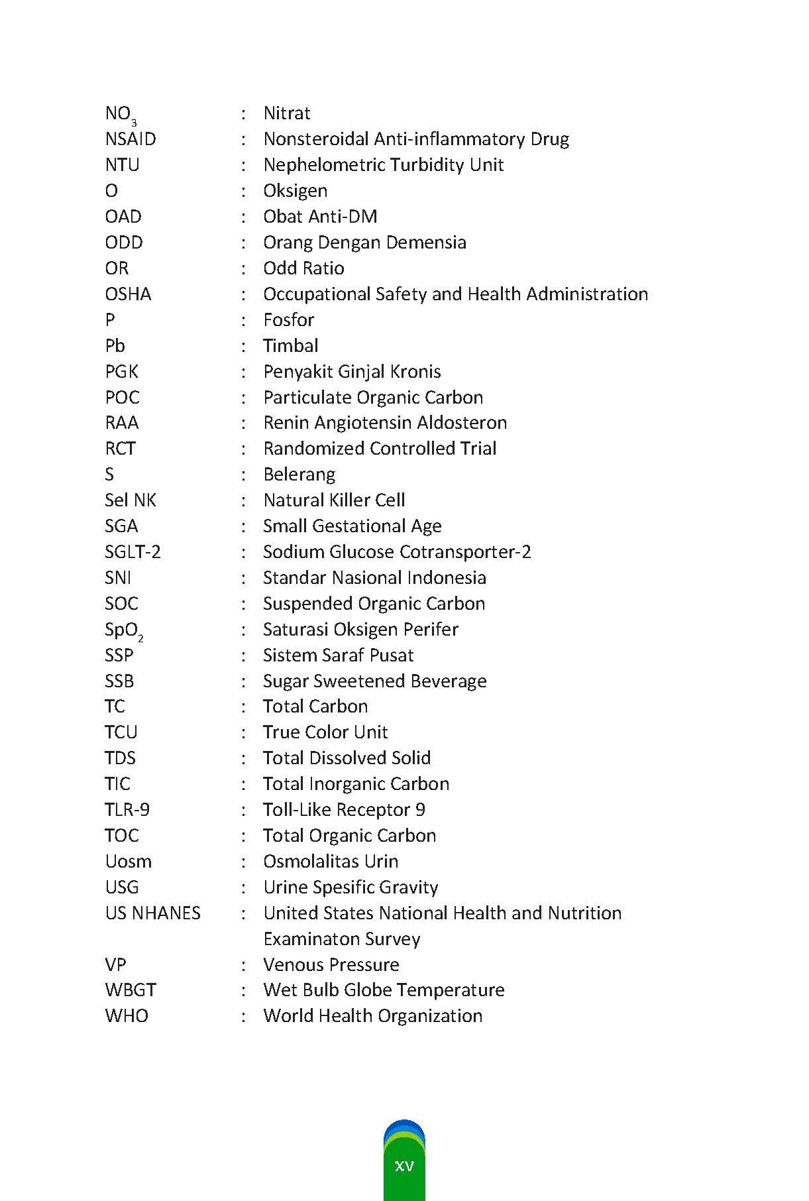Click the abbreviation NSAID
(131, 139)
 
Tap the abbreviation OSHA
(128, 294)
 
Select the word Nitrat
(286, 113)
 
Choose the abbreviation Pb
(115, 346)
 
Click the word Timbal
(290, 346)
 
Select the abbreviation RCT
(120, 449)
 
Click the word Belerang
(299, 475)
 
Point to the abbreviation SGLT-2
(133, 552)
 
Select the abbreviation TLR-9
(127, 810)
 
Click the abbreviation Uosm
(128, 862)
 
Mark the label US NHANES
(152, 913)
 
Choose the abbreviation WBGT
(131, 990)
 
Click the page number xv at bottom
(404, 1166)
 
